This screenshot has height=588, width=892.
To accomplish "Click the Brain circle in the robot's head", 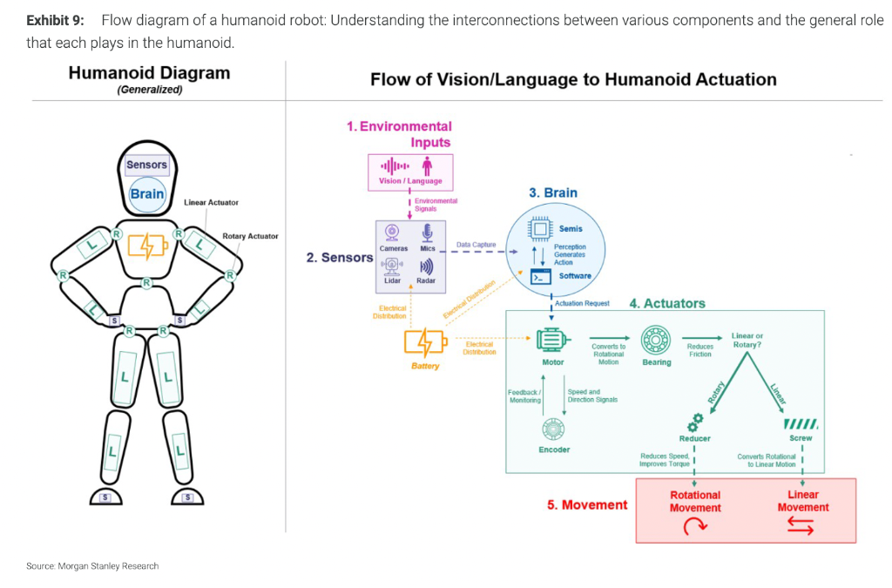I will (146, 194).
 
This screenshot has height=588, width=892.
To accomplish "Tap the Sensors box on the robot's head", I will (146, 165).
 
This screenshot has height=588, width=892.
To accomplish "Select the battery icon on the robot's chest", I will (145, 247).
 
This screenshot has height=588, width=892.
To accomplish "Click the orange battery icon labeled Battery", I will (425, 342).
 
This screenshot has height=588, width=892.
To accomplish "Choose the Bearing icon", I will (656, 341).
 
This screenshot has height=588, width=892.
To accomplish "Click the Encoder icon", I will (553, 429).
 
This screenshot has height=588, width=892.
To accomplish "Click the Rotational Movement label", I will (694, 501).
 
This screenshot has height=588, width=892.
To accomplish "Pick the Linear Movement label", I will (802, 501).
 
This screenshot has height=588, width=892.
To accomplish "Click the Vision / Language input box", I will (410, 171).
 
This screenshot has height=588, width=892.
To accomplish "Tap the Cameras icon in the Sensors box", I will (393, 233).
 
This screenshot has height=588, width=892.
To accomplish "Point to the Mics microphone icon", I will (427, 233).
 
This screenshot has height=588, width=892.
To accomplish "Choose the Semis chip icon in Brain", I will (541, 229).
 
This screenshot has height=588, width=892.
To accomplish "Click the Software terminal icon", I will (541, 276).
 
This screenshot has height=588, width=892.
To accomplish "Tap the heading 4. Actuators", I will (667, 303).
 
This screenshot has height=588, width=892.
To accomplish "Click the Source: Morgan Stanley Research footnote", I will (92, 566).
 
